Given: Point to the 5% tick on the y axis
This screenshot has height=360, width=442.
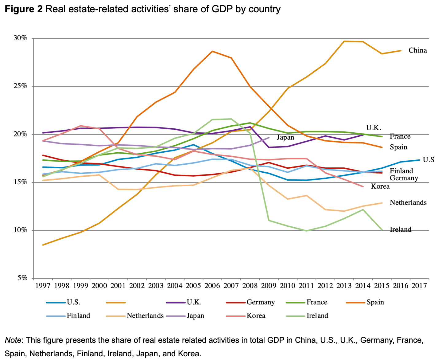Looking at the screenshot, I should click(22, 278).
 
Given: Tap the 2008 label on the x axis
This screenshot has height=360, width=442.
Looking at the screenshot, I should click(250, 286).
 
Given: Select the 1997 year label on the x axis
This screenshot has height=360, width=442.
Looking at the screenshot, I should click(43, 286).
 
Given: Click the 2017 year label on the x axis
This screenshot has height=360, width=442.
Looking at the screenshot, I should click(419, 286).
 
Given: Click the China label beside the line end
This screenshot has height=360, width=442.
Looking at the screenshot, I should click(417, 50).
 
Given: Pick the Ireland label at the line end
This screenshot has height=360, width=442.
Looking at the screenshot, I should click(400, 229).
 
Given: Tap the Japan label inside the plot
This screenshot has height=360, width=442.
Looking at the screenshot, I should click(285, 137).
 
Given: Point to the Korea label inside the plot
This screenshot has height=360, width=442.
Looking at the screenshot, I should click(380, 186).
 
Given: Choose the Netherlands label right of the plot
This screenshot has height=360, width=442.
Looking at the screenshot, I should click(408, 202).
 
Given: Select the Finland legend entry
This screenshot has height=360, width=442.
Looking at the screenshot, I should click(78, 315).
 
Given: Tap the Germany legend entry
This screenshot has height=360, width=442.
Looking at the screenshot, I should click(261, 302).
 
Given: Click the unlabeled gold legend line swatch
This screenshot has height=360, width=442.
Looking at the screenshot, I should click(116, 303).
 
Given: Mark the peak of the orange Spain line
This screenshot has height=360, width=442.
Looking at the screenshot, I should click(212, 51).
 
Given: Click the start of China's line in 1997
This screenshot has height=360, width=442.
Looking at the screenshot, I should click(43, 245).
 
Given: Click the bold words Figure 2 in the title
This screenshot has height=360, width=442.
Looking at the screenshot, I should click(24, 10).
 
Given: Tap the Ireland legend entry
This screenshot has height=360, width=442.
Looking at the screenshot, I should click(317, 315).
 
